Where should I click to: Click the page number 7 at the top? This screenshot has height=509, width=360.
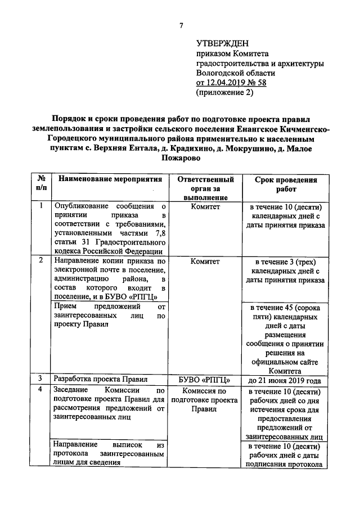181,25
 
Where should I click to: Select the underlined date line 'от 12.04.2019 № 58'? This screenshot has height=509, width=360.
231,83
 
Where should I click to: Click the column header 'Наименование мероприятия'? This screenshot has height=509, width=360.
110,179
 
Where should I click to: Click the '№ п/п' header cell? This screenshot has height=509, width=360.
41,184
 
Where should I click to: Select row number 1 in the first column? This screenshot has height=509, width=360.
41,206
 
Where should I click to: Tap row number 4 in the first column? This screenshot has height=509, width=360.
41,390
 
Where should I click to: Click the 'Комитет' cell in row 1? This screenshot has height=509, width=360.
205,207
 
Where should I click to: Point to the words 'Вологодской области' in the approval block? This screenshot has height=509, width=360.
236,73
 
